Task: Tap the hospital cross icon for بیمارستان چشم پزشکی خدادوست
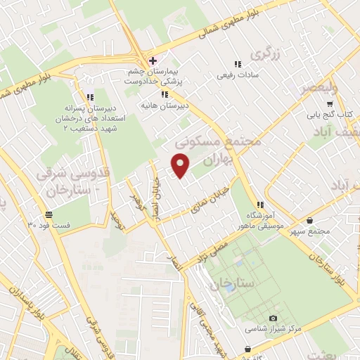153,60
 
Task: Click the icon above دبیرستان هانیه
165,94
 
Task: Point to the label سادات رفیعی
232,74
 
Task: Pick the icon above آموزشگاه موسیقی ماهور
261,204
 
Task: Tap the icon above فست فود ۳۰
48,214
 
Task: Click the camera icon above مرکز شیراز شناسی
273,319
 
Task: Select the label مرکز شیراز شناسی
273,328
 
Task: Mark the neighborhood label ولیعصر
319,87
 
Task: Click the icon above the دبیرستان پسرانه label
89,98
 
